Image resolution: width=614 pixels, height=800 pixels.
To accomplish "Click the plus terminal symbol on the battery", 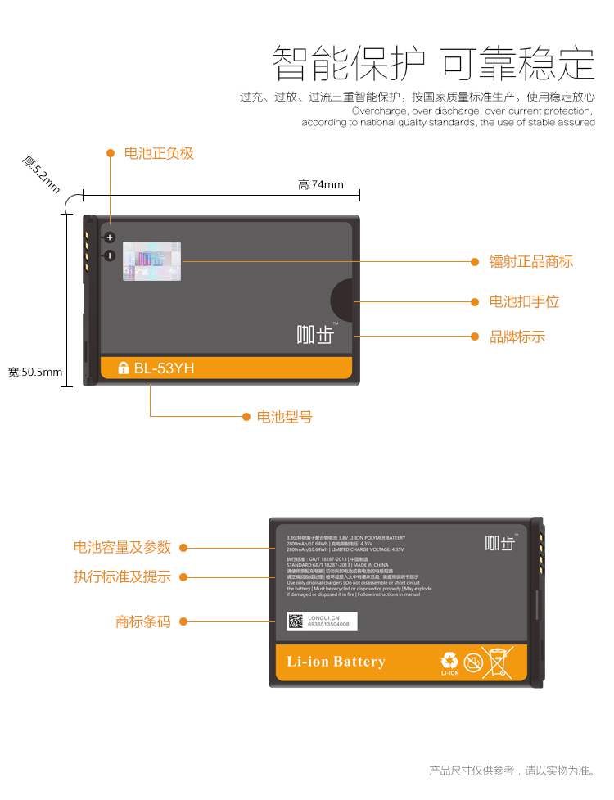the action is click(x=109, y=237).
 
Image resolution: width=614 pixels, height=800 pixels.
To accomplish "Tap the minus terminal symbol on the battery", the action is click(x=109, y=255).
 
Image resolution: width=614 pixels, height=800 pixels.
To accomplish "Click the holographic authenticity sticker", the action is click(x=151, y=261).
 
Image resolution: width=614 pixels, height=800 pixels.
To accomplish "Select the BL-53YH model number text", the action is click(x=165, y=368).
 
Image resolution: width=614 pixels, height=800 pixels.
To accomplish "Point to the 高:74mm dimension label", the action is click(x=321, y=184).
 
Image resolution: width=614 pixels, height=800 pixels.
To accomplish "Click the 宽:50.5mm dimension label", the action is click(x=35, y=373).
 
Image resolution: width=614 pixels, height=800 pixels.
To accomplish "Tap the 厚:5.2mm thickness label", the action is click(x=41, y=174).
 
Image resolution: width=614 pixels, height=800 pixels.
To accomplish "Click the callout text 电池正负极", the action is click(x=159, y=153).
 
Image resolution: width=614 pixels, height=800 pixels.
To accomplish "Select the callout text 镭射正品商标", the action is click(x=531, y=261).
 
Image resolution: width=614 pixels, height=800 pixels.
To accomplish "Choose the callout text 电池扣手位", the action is click(x=524, y=301).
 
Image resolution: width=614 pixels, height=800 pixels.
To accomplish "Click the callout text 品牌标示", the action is click(x=517, y=337).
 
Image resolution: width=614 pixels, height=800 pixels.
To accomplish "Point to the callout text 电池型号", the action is click(x=285, y=417).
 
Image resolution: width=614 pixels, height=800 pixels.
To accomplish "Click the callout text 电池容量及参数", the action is click(x=122, y=547).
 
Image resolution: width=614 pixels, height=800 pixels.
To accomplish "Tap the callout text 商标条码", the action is click(x=143, y=621).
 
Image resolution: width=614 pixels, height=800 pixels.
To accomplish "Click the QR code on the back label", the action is click(x=295, y=621).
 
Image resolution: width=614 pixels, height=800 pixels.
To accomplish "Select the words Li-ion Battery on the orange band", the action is click(x=336, y=662).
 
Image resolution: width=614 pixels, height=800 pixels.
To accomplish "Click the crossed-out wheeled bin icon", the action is click(x=497, y=662).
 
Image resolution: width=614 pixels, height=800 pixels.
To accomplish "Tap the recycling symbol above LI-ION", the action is click(x=450, y=659).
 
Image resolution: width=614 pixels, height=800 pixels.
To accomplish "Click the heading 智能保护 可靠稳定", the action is click(x=433, y=62).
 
